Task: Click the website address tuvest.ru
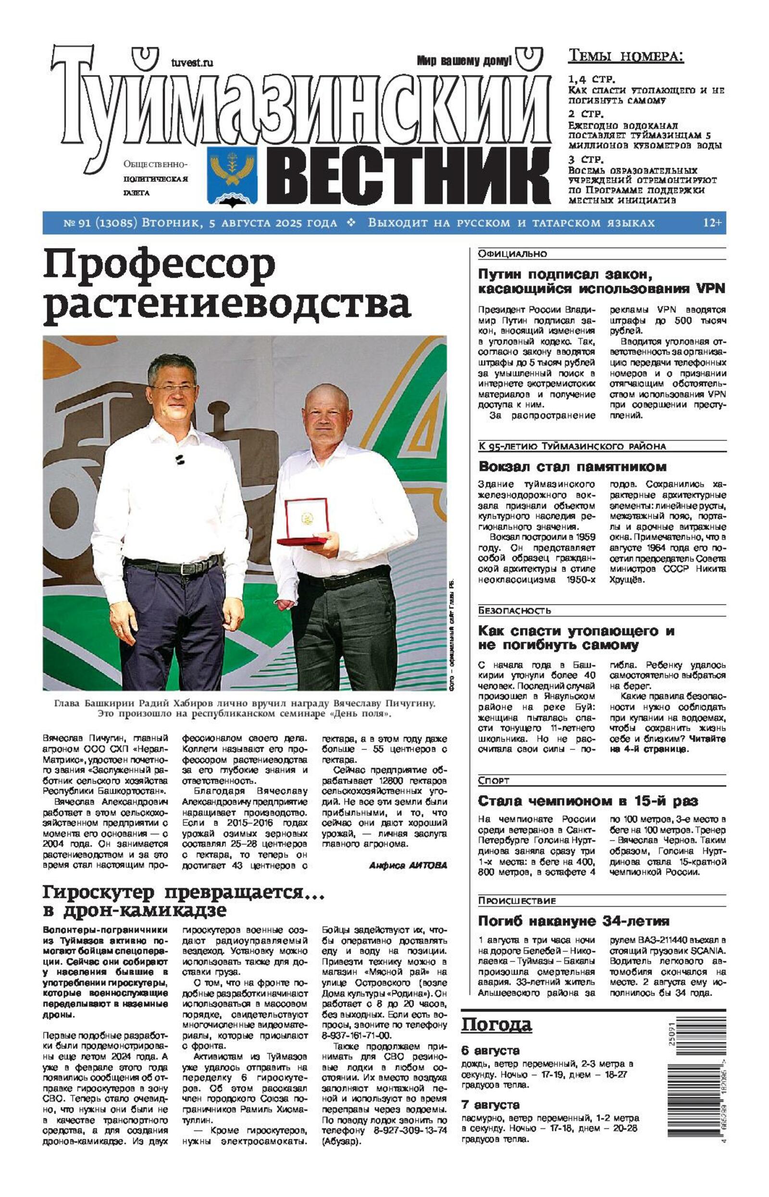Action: (x=192, y=62)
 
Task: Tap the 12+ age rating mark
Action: (x=712, y=223)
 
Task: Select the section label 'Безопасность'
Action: (x=514, y=610)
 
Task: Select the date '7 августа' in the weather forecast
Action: (x=490, y=1105)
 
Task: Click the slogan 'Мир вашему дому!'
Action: (x=464, y=61)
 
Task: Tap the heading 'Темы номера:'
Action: (x=626, y=56)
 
